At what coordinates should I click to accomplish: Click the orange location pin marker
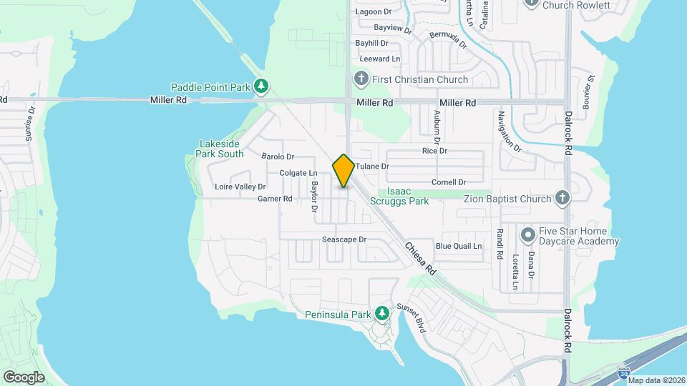click(x=343, y=171)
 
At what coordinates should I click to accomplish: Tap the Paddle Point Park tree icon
click(x=261, y=87)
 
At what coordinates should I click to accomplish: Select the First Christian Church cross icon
click(x=361, y=79)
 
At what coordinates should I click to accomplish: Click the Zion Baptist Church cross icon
click(x=562, y=199)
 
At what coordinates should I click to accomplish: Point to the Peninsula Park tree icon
click(x=383, y=313)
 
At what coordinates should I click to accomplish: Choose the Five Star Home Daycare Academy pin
click(x=528, y=234)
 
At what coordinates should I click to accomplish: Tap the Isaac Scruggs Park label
click(x=407, y=197)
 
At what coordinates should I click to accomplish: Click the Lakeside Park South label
click(x=220, y=149)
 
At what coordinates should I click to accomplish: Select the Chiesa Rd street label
click(x=420, y=259)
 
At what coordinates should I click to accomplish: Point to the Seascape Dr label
click(x=343, y=239)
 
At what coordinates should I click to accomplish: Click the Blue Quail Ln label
click(x=459, y=246)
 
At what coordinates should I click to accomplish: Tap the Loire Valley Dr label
click(x=240, y=187)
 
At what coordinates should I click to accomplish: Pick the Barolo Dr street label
click(x=278, y=157)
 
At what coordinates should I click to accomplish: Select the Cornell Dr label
click(x=449, y=182)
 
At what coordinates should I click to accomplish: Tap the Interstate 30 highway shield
click(x=625, y=372)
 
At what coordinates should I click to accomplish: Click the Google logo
click(x=24, y=377)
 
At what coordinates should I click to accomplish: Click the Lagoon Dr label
click(x=374, y=11)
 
